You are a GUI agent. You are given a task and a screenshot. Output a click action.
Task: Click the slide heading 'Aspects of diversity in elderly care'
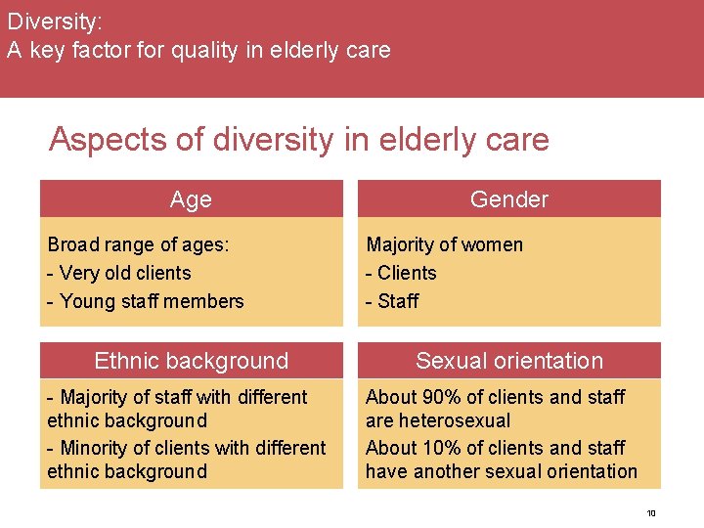click(298, 139)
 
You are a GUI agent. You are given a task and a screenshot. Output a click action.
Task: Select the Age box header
click(191, 199)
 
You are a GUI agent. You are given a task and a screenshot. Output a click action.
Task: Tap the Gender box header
click(508, 199)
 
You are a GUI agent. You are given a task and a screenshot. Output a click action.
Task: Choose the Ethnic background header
click(191, 361)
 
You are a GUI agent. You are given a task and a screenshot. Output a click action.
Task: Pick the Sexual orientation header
click(508, 361)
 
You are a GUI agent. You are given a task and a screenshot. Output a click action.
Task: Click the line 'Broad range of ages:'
click(138, 244)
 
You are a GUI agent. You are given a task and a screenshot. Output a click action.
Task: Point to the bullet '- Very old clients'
click(119, 273)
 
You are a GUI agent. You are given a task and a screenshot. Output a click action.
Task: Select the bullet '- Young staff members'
click(146, 301)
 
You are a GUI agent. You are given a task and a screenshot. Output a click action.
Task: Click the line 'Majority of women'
click(444, 244)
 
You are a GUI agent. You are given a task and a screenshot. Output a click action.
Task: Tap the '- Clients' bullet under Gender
click(401, 273)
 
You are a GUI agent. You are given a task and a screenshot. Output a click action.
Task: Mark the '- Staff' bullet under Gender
click(391, 301)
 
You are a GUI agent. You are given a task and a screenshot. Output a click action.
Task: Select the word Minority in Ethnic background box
click(95, 448)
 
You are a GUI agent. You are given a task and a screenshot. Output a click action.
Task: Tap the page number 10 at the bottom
click(651, 513)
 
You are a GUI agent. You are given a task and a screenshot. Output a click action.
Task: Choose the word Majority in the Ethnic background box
click(95, 397)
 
